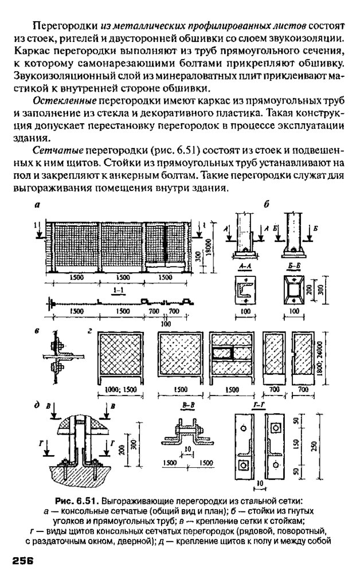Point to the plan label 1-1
point(120,291)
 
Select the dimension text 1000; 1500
point(120,389)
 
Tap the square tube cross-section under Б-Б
point(295,290)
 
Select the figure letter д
point(37,405)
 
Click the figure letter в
point(37,332)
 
